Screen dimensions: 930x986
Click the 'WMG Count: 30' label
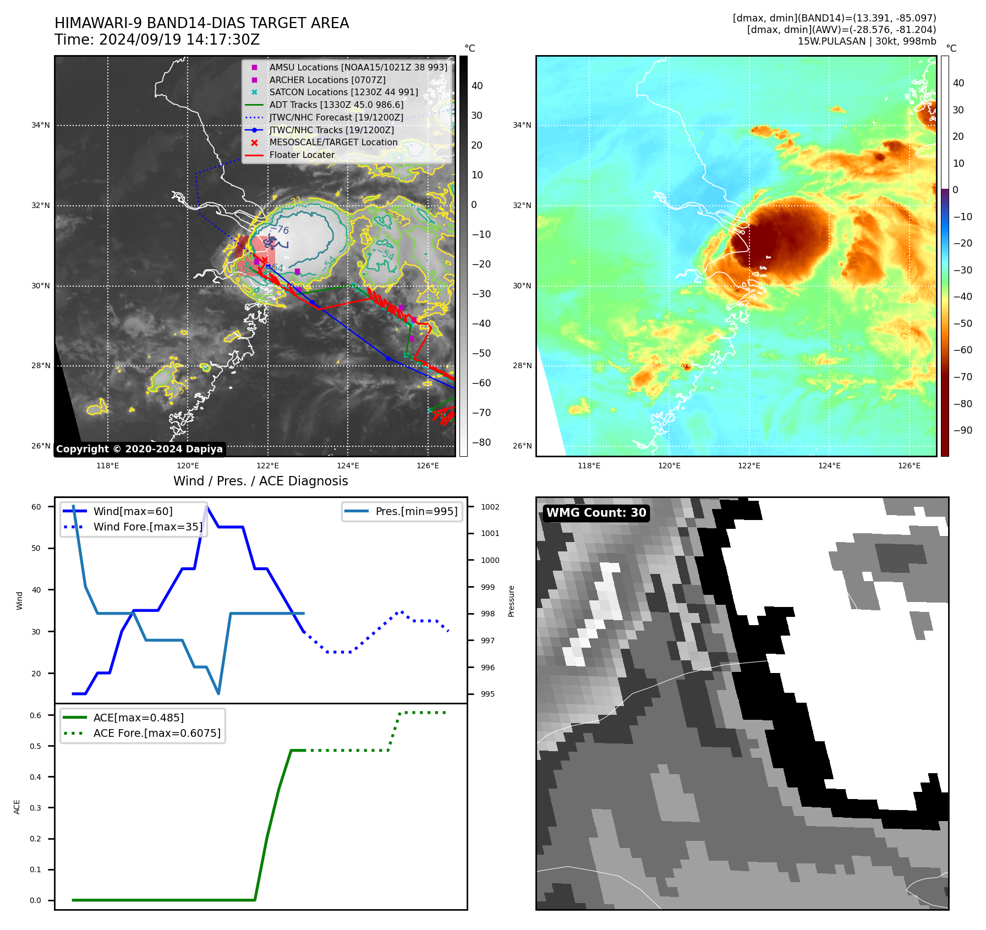[596, 513]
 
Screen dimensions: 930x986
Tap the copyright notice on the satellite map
[139, 449]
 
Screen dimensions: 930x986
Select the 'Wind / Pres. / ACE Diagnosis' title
[260, 481]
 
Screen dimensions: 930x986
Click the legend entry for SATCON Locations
[343, 92]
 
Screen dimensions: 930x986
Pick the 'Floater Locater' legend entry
[302, 155]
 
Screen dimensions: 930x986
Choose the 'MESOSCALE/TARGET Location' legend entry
[333, 143]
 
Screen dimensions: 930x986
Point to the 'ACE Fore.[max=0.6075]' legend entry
[157, 733]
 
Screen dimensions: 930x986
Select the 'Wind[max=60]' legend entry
[133, 511]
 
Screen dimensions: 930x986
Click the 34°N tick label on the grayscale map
[40, 125]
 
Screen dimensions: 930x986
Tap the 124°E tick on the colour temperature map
[829, 466]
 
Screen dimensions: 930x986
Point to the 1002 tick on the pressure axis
[490, 507]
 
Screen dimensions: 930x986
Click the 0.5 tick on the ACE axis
[36, 746]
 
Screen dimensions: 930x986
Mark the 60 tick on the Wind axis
[36, 507]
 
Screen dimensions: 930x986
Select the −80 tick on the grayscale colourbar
[481, 442]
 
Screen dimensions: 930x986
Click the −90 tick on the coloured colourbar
[962, 430]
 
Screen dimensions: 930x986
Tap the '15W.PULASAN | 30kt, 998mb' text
[867, 41]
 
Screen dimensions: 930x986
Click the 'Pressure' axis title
[511, 601]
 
